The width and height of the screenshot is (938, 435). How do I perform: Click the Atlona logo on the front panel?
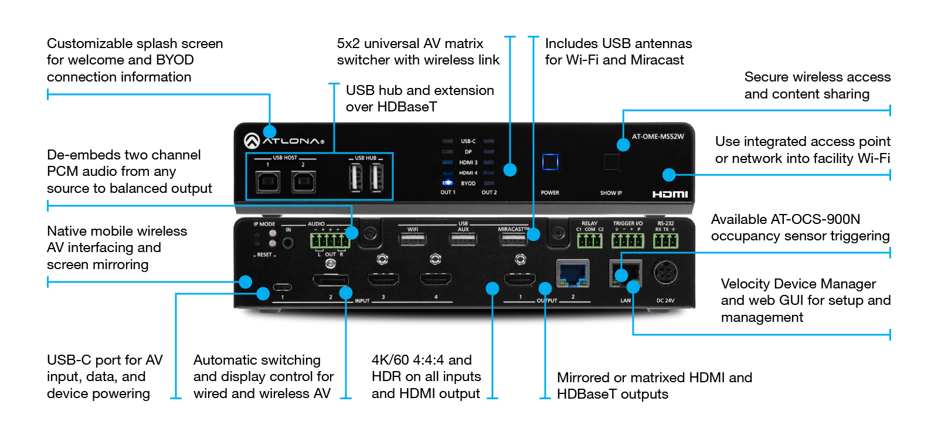[x=284, y=141]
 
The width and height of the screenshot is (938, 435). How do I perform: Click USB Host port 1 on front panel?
[x=268, y=182]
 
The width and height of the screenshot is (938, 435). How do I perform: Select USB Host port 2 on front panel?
[x=304, y=182]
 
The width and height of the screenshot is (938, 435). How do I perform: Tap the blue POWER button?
[x=550, y=162]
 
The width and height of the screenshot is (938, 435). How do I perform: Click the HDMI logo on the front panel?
[x=670, y=194]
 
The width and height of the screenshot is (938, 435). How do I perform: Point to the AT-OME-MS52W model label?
[x=658, y=137]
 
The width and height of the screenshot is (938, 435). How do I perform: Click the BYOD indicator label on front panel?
[x=468, y=183]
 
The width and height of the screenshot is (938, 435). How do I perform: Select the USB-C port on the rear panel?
[x=283, y=287]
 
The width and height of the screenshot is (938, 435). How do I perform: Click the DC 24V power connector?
[x=665, y=273]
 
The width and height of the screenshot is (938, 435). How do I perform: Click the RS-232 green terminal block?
[x=665, y=240]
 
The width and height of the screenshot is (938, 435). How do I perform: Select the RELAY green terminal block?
[x=589, y=240]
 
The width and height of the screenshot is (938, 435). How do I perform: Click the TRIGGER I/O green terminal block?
[x=627, y=240]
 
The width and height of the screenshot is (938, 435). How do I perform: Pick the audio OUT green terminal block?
[x=329, y=240]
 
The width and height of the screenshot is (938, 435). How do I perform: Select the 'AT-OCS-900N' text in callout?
[x=815, y=219]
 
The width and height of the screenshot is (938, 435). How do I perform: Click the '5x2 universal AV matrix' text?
[x=410, y=43]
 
